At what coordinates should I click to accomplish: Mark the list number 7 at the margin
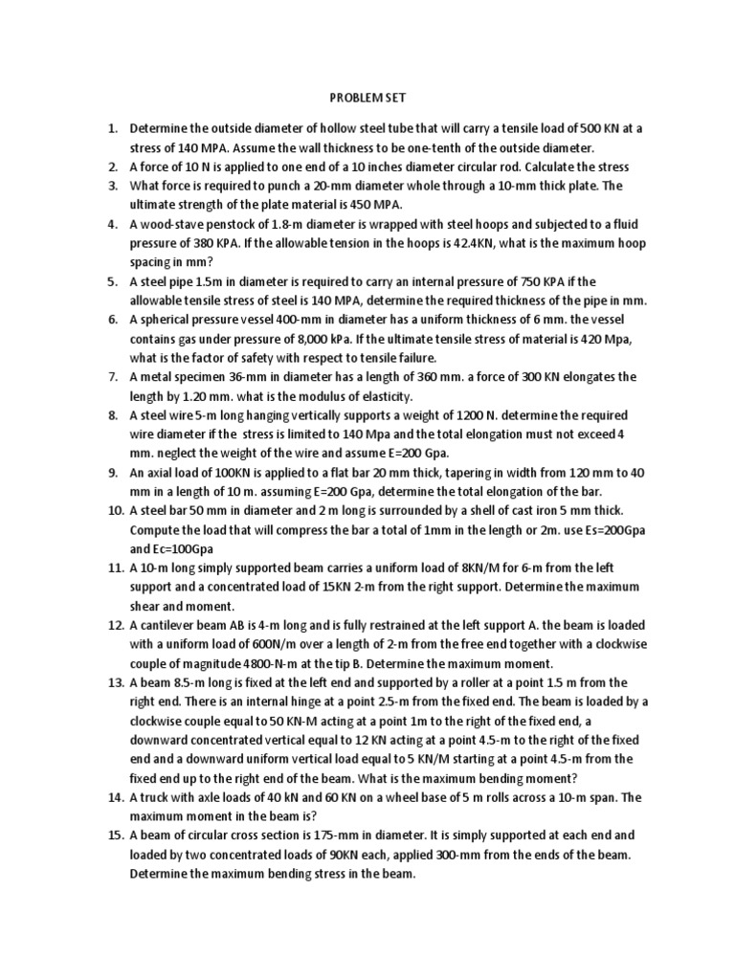tap(112, 376)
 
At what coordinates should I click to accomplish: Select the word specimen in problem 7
tap(199, 376)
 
